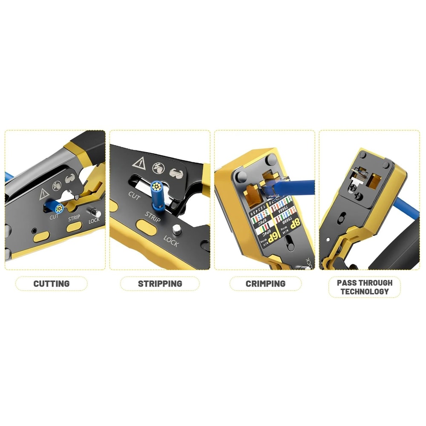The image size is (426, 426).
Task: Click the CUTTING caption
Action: pos(52,283)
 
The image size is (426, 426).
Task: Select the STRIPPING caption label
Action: pos(160,283)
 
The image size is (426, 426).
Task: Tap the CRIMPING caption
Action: pos(265,283)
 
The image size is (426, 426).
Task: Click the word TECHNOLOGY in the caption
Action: pos(364,292)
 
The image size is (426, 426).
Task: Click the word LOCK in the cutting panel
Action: pos(94,221)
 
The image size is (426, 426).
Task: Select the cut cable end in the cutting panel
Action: pos(59,208)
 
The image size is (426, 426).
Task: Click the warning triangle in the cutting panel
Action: pos(44,194)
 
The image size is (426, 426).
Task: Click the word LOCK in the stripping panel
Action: pos(171,242)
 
